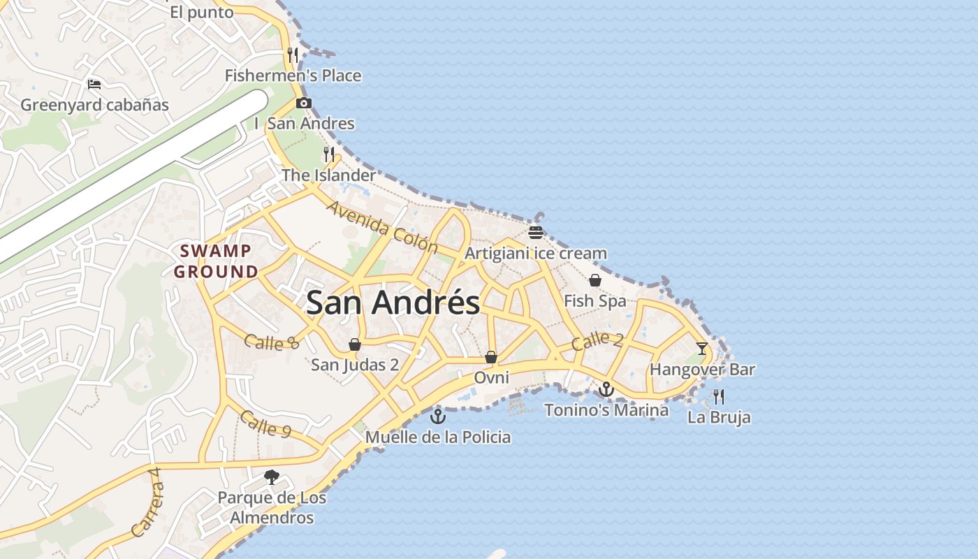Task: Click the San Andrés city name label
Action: [393, 303]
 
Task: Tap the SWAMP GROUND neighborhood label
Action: [215, 261]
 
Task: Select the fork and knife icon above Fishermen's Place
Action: [293, 55]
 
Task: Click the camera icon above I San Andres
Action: [303, 103]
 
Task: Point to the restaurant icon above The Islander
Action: [329, 154]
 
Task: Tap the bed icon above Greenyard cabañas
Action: [94, 85]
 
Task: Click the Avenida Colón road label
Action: [382, 227]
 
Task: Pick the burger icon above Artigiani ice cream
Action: [536, 233]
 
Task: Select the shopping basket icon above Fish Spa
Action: [595, 280]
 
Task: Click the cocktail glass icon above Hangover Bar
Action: [702, 348]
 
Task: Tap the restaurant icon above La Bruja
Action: [719, 397]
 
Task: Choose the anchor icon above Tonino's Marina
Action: [606, 389]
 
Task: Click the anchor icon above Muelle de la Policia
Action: [438, 416]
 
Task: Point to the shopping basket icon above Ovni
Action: [491, 357]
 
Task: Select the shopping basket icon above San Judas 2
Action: [355, 344]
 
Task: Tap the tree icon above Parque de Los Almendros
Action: [272, 477]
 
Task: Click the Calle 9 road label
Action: [265, 424]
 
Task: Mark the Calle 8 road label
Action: [272, 342]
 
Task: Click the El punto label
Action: [201, 12]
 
